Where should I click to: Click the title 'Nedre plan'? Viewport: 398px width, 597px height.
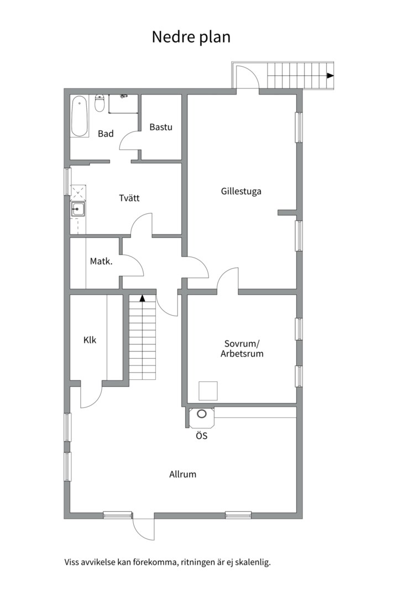tap(191, 38)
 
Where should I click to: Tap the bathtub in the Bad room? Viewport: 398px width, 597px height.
tap(80, 116)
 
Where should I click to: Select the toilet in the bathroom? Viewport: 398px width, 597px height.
tap(100, 103)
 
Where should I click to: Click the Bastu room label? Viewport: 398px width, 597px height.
tap(161, 127)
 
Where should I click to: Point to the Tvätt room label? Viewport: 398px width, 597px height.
tap(129, 198)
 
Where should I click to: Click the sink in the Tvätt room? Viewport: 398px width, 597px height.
tap(78, 209)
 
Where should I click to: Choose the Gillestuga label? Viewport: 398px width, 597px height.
tap(241, 191)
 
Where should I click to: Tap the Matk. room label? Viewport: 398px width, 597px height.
tap(101, 261)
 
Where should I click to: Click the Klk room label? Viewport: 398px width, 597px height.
tap(90, 339)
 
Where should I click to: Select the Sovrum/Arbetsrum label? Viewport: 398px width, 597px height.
tap(242, 348)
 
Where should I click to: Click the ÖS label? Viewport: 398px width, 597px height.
tap(201, 436)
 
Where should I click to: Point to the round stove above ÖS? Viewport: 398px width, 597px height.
tap(201, 413)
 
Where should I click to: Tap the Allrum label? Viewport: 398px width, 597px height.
tap(183, 474)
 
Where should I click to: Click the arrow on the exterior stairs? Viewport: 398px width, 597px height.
tap(330, 76)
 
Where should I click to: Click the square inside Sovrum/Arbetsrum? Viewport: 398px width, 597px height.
tap(208, 391)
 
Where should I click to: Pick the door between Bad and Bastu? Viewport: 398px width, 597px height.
tap(129, 140)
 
